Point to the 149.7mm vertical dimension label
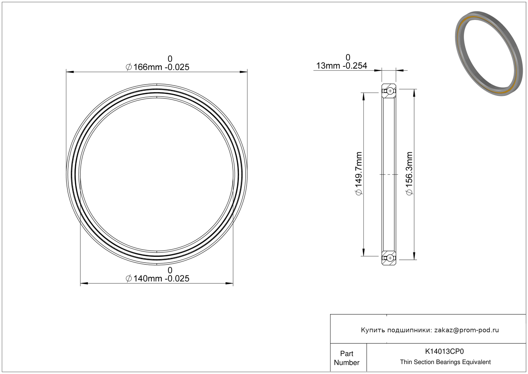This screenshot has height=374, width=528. (x=359, y=174)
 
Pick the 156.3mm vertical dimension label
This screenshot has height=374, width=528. (x=409, y=174)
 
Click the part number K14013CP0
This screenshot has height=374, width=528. (x=444, y=351)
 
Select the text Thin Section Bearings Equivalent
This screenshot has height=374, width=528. (x=445, y=362)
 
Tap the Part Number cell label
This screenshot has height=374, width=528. (x=346, y=358)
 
